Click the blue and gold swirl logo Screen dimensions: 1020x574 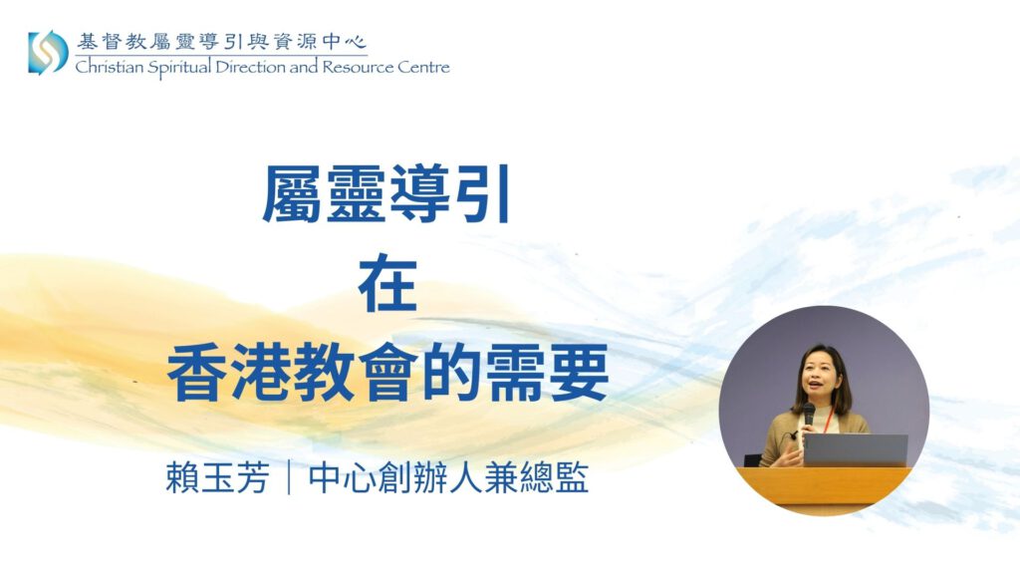(48, 52)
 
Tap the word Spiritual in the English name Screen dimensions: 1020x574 (179, 69)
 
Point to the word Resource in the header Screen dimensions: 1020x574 (358, 67)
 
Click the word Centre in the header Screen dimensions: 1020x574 (423, 67)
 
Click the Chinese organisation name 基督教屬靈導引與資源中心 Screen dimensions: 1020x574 (221, 42)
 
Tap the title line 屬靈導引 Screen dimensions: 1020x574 (385, 193)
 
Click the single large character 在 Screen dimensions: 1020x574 (387, 283)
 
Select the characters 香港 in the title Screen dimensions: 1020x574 (229, 373)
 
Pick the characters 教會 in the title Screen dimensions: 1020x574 (356, 373)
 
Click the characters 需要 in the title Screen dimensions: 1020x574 (547, 373)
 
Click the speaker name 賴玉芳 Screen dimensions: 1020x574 (217, 478)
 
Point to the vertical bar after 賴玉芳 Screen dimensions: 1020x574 (288, 478)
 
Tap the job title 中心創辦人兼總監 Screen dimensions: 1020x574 (448, 478)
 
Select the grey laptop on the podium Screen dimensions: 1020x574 (855, 449)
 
